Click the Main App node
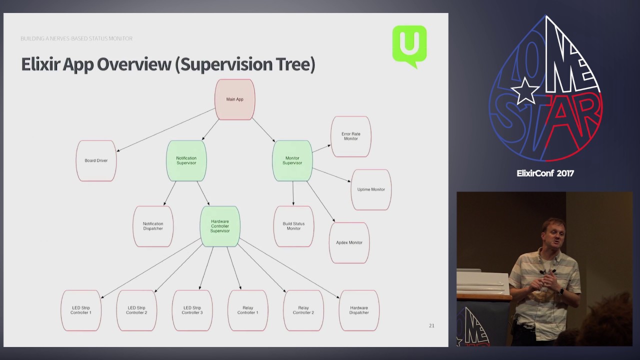(235, 99)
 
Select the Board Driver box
(96, 160)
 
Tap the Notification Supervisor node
(186, 160)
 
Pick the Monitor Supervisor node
(292, 160)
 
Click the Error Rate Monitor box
(350, 136)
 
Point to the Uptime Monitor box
(371, 189)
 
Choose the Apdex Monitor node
(349, 242)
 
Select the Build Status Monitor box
(293, 226)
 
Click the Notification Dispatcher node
(153, 226)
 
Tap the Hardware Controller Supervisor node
(220, 226)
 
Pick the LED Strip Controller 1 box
(81, 310)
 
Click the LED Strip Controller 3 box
(192, 310)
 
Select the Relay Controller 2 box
(303, 310)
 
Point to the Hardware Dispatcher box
(359, 310)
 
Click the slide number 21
(431, 325)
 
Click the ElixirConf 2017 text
(545, 173)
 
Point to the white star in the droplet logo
(525, 91)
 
